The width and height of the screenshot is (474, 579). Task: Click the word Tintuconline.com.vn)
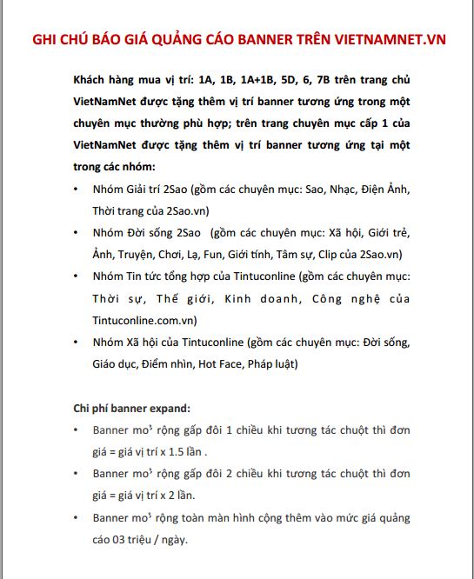(141, 320)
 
